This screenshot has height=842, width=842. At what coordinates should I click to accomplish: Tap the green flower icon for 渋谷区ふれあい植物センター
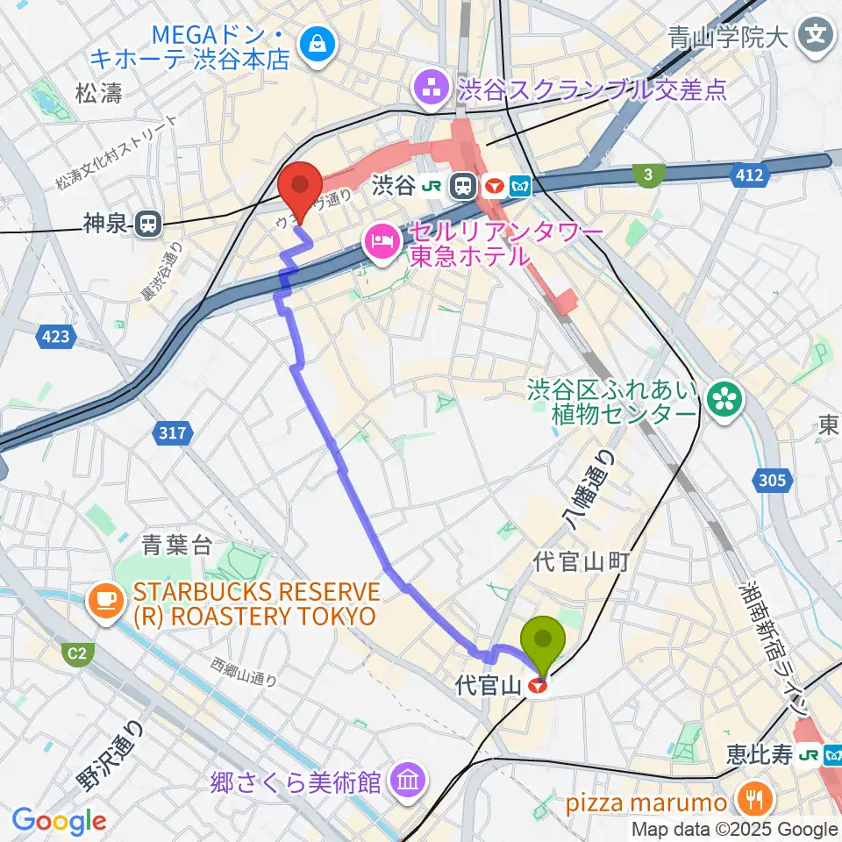click(727, 400)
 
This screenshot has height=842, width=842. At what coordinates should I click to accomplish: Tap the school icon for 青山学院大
click(815, 36)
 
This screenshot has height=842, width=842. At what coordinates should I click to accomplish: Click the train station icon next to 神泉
click(149, 225)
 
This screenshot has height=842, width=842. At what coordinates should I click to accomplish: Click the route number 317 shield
click(173, 432)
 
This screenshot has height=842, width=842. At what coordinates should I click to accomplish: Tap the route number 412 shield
click(750, 176)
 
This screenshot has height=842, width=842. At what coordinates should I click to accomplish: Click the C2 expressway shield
click(77, 653)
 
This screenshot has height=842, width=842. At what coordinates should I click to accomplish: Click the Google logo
click(60, 820)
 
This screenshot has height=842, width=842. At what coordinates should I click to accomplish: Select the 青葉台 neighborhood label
click(177, 546)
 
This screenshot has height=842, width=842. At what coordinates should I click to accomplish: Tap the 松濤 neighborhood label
click(98, 94)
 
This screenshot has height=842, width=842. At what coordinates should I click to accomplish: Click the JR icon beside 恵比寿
click(810, 753)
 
